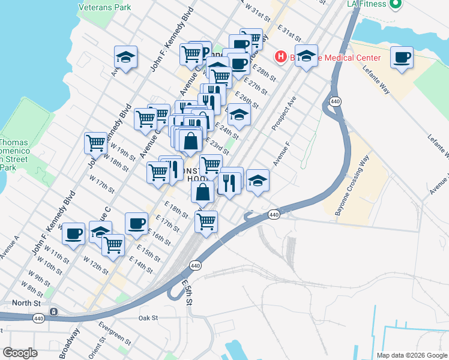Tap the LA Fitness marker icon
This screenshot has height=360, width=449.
click(x=394, y=5)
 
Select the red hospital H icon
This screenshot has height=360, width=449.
click(x=280, y=58)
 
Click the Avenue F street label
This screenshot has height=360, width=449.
click(x=282, y=154)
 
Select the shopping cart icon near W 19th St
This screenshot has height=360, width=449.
click(x=95, y=143)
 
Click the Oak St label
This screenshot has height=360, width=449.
click(x=147, y=318)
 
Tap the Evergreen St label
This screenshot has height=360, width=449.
click(x=115, y=334)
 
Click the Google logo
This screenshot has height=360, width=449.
click(x=20, y=353)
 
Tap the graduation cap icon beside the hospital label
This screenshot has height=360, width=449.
click(x=306, y=56)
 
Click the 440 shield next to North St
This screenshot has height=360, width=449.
click(x=38, y=318)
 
